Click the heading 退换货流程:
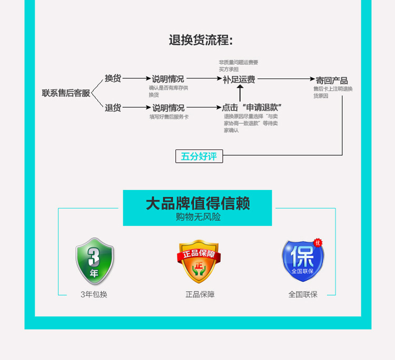(200, 40)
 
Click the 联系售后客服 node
(66, 93)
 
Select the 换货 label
(113, 78)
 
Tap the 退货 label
(113, 108)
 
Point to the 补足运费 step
(239, 79)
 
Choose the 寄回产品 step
(331, 81)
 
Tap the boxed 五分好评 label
(199, 156)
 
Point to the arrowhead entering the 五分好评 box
(226, 155)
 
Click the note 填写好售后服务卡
(169, 117)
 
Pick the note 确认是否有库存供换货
(168, 91)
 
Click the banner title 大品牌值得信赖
(197, 204)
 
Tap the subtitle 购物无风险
(197, 217)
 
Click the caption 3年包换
(94, 295)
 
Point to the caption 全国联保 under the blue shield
(303, 295)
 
